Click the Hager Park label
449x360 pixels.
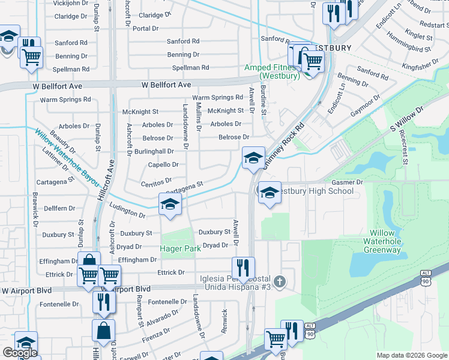pos(180,248)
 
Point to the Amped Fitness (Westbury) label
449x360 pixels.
pos(271,72)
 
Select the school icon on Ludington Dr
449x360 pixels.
pos(170,204)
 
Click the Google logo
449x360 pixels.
pos(19,353)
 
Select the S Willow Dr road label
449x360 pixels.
pos(406,119)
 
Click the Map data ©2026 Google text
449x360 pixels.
pos(412,355)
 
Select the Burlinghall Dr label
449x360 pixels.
pos(153,151)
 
